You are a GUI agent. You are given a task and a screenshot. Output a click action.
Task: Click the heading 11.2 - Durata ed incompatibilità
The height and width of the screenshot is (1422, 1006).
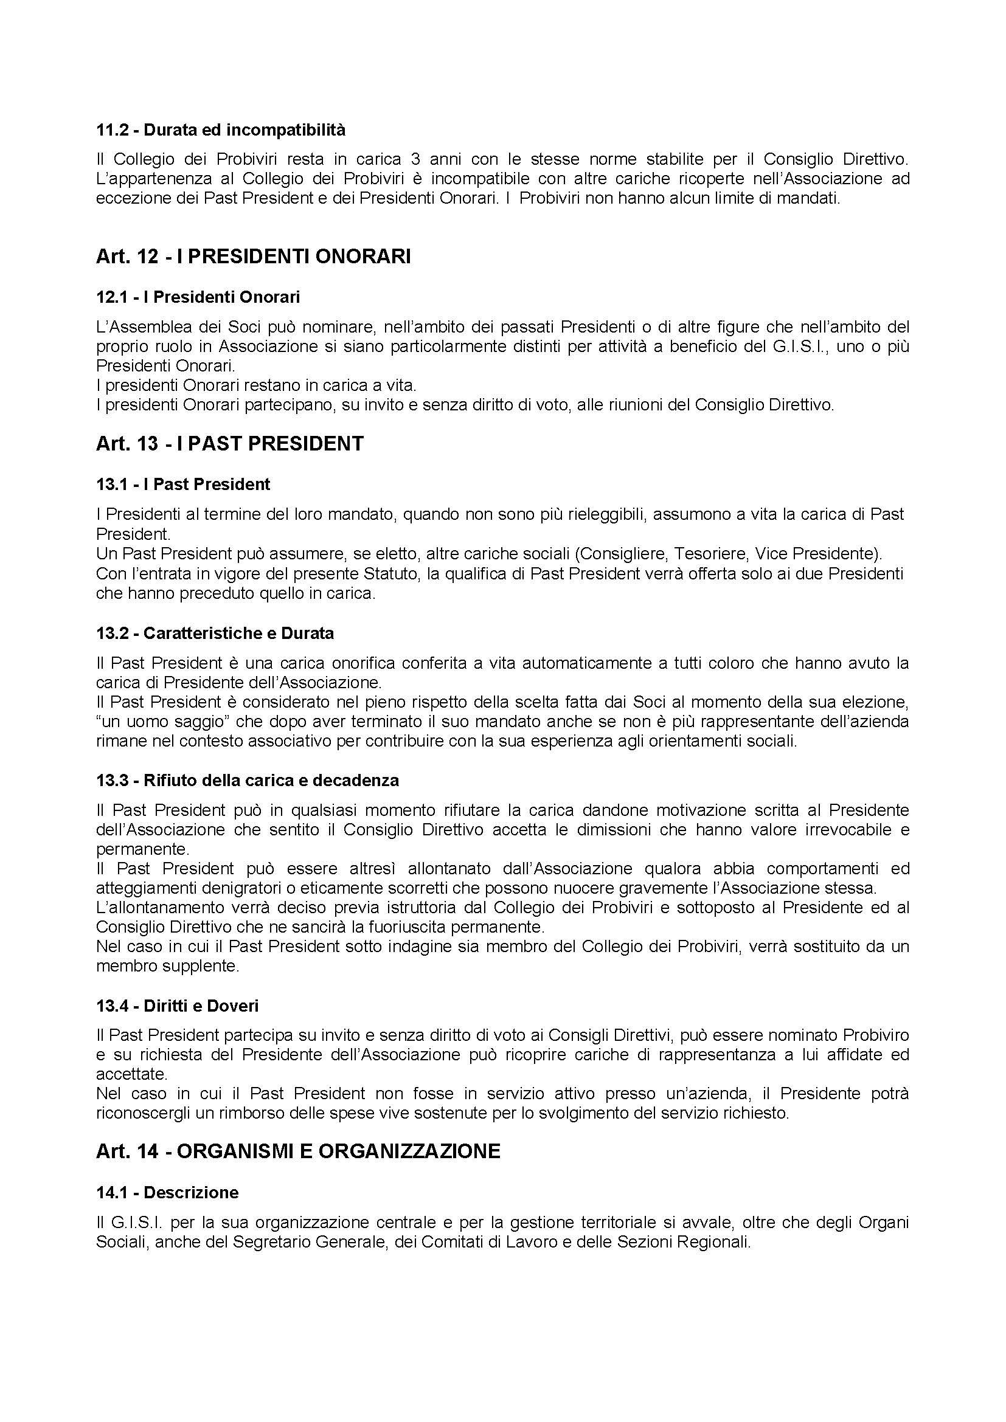click(221, 130)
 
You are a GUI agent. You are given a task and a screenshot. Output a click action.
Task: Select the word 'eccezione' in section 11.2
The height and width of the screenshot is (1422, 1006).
click(127, 199)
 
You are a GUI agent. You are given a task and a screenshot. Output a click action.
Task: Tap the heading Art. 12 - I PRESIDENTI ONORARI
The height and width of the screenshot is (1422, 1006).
click(253, 257)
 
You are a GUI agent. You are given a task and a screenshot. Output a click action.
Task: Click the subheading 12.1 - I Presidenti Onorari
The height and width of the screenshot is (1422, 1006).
click(198, 297)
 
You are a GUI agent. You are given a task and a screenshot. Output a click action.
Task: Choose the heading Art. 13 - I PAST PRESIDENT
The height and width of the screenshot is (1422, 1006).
click(229, 443)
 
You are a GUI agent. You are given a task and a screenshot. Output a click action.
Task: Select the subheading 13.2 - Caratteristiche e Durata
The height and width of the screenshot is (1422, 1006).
click(215, 633)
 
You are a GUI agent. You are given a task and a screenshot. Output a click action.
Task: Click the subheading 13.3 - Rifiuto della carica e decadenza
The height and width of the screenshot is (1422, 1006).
click(247, 781)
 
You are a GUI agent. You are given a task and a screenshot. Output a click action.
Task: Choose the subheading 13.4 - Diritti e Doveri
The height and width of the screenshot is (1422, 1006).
click(177, 1006)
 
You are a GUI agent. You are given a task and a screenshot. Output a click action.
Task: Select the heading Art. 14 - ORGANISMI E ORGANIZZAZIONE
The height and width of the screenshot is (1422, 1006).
click(297, 1151)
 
